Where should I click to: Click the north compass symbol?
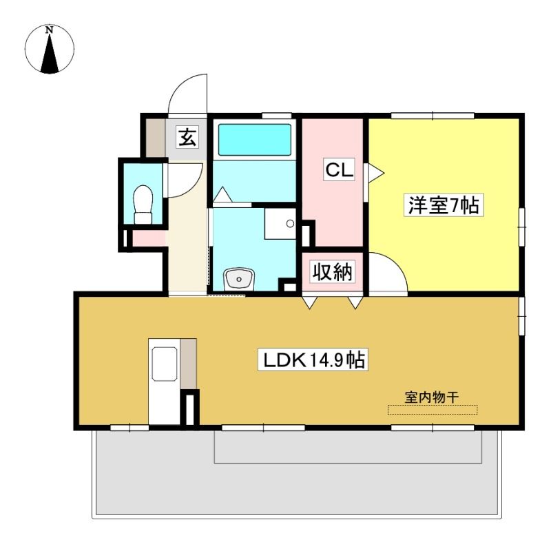50,49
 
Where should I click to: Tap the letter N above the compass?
50,30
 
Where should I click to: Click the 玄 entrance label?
187,137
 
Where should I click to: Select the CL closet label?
339,170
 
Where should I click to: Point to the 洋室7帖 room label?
444,205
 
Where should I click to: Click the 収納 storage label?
333,271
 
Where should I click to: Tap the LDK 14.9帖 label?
313,359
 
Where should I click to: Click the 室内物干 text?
432,397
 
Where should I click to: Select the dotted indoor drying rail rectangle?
433,410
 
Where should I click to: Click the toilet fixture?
143,205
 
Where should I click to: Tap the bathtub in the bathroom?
254,139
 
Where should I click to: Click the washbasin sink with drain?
239,279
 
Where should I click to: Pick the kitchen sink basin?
164,364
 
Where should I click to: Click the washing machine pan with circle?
280,224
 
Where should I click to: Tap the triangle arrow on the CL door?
375,173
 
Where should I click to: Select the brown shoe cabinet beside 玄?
156,138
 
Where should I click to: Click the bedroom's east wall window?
522,227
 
